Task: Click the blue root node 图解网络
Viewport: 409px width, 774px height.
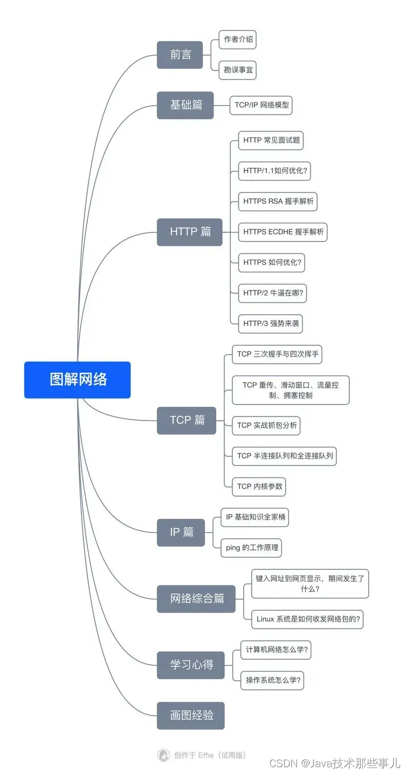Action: [x=77, y=380]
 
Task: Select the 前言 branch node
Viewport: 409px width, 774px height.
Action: [x=180, y=55]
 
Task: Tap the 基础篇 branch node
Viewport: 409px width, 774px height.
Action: [x=185, y=105]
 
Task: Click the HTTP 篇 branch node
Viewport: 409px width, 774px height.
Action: [x=190, y=232]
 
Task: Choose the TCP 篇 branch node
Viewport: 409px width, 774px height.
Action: [x=186, y=421]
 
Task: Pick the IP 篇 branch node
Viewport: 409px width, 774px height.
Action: [x=181, y=532]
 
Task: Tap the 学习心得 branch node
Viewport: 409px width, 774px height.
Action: [x=191, y=665]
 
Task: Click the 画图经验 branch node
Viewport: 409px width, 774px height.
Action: [x=191, y=715]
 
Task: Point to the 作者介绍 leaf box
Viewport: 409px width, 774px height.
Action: [x=237, y=40]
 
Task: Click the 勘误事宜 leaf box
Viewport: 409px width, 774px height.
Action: [x=237, y=70]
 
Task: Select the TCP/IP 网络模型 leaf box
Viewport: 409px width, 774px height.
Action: [x=261, y=105]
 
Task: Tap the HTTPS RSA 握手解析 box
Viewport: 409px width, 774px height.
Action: [x=278, y=201]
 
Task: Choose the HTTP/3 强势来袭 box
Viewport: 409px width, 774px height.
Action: [x=270, y=323]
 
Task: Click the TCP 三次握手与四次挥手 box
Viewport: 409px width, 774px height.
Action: [x=278, y=354]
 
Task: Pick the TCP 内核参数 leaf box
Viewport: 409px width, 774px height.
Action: [x=258, y=486]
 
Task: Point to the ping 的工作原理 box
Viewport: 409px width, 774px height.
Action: [x=251, y=548]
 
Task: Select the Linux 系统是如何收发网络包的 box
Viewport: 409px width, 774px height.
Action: [x=307, y=619]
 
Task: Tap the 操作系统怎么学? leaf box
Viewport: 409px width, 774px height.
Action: [x=272, y=680]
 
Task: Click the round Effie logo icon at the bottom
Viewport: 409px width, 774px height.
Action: [x=164, y=755]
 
